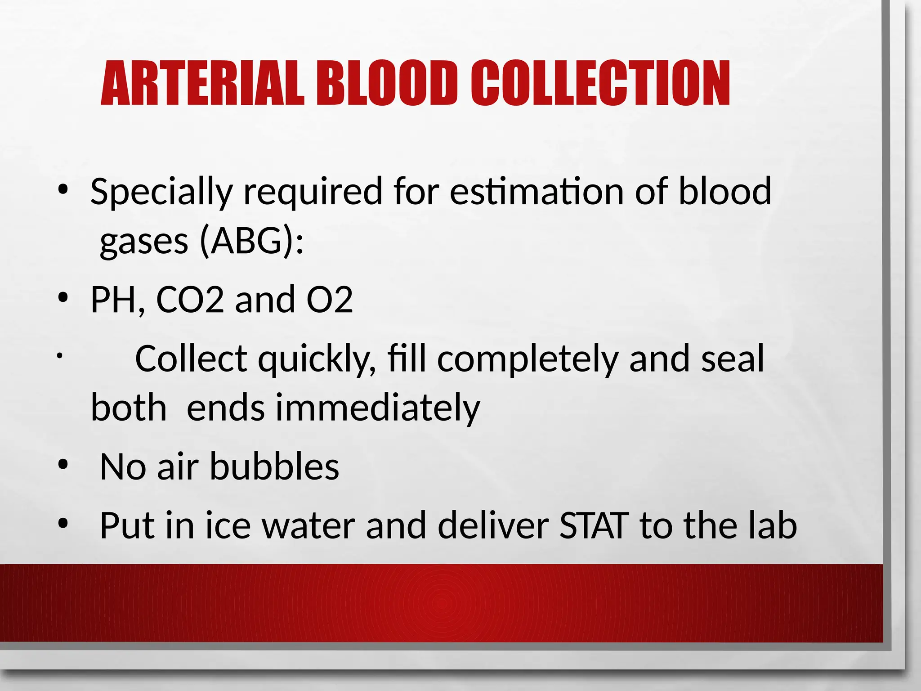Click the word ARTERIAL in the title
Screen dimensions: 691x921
pyautogui.click(x=202, y=84)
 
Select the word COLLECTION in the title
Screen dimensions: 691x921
pyautogui.click(x=600, y=84)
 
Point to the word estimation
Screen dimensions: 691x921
pyautogui.click(x=537, y=191)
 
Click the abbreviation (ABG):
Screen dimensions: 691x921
pyautogui.click(x=251, y=242)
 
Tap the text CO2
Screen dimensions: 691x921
pyautogui.click(x=190, y=300)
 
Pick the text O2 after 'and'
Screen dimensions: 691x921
pyautogui.click(x=329, y=300)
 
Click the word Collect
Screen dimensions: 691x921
pyautogui.click(x=191, y=359)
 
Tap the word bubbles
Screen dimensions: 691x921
pyautogui.click(x=274, y=467)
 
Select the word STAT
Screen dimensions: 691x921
pyautogui.click(x=593, y=525)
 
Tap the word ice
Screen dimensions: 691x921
pyautogui.click(x=228, y=525)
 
